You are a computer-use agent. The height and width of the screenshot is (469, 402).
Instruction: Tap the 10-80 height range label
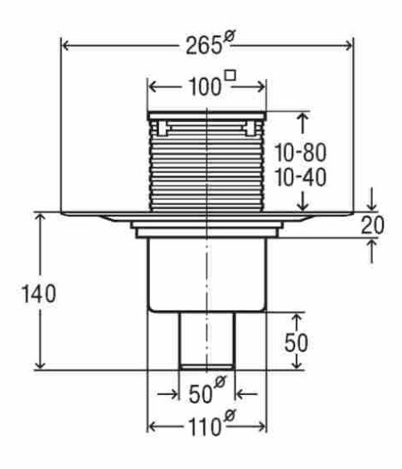[x=300, y=152]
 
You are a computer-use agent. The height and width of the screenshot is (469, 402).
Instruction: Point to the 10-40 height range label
[x=300, y=178]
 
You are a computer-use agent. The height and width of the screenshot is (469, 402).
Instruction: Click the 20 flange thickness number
[x=372, y=225]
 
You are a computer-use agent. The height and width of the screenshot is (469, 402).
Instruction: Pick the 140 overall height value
[x=39, y=294]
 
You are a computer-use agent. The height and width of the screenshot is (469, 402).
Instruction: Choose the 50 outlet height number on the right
[x=296, y=343]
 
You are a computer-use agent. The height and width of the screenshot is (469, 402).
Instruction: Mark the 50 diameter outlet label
[x=201, y=394]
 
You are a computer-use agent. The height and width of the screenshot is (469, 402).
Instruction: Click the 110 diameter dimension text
[x=205, y=427]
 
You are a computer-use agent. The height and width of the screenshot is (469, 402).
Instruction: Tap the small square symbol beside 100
[x=230, y=75]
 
